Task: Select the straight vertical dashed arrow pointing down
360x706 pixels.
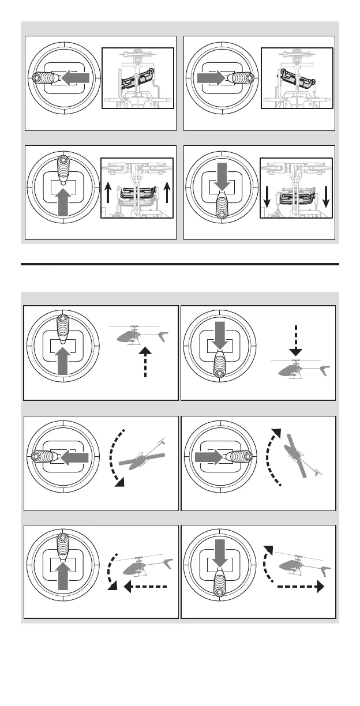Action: point(295,339)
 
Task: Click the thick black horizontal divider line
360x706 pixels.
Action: point(179,265)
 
